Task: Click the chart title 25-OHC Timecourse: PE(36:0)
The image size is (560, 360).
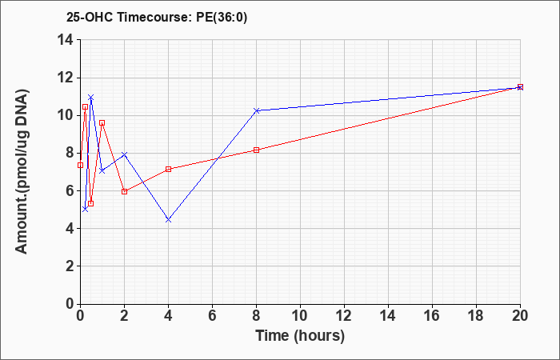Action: [x=157, y=17]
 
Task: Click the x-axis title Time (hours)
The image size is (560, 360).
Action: [x=300, y=336]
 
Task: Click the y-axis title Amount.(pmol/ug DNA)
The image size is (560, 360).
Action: [x=22, y=171]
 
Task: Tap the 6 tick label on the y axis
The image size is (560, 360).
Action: [x=71, y=190]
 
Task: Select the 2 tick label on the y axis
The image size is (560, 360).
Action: [x=71, y=266]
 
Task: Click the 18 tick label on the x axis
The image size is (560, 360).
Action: [x=477, y=316]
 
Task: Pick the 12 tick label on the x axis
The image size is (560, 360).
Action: [x=344, y=316]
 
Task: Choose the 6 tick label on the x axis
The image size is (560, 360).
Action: [x=212, y=316]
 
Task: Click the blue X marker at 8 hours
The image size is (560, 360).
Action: [x=257, y=110]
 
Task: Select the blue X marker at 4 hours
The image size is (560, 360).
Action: [x=168, y=220]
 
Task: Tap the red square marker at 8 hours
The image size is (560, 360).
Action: [x=257, y=150]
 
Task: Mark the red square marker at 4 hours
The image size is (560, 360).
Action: [x=168, y=169]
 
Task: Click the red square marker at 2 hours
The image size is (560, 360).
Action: [x=124, y=191]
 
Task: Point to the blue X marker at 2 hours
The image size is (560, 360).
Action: [x=124, y=154]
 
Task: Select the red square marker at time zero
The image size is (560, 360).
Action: [x=80, y=165]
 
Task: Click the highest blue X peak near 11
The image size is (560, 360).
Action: [x=90, y=97]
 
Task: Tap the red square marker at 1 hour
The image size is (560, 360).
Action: [x=102, y=123]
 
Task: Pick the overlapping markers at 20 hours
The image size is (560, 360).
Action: [x=520, y=87]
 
